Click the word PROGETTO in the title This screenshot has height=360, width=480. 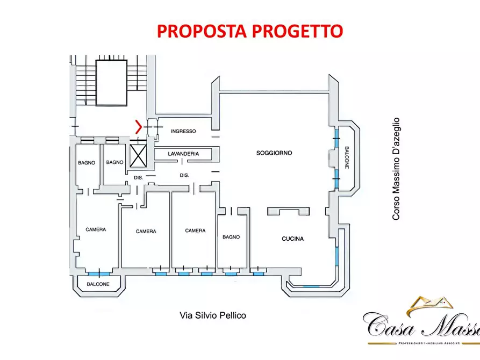click(302, 31)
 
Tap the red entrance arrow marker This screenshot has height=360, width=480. click(139, 127)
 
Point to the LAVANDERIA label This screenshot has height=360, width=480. click(183, 154)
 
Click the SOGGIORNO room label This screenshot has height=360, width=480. click(274, 153)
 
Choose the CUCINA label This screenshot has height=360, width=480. click(293, 239)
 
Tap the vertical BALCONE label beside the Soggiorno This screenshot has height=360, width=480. click(347, 158)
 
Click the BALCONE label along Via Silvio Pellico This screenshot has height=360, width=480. click(98, 284)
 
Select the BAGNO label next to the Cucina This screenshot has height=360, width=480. click(231, 237)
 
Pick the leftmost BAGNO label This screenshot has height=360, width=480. click(87, 162)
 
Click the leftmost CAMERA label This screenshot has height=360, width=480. click(96, 229)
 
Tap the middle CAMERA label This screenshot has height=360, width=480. click(146, 232)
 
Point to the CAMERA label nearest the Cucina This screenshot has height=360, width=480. click(195, 231)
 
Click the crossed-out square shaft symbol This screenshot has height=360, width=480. click(139, 156)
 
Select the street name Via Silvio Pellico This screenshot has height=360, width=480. click(212, 315)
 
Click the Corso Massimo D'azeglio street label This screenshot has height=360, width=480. click(396, 169)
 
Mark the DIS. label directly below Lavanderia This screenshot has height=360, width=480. click(184, 175)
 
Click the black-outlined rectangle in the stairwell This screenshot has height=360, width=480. click(111, 82)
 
